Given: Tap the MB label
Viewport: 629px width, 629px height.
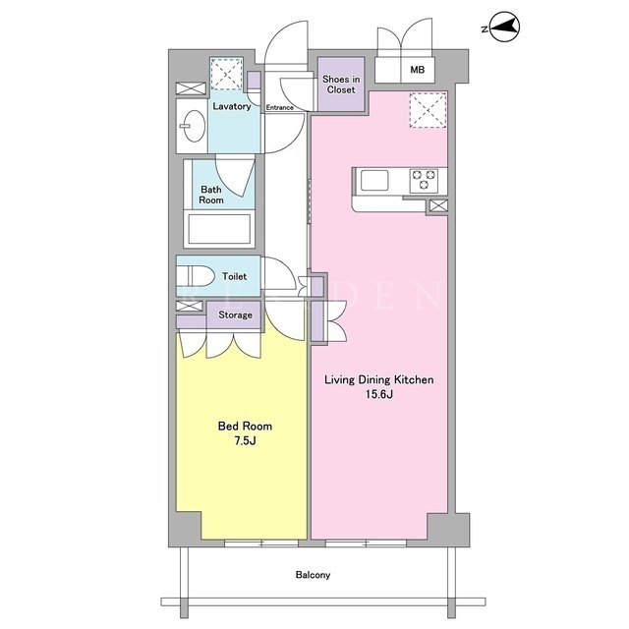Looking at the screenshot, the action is click(417, 70).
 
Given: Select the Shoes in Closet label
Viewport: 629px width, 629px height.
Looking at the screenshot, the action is click(341, 85).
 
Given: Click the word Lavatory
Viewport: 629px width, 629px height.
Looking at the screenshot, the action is click(232, 106).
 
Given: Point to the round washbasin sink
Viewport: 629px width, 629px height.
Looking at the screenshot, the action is click(193, 126).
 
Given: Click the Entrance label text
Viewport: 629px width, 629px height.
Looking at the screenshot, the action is click(279, 107).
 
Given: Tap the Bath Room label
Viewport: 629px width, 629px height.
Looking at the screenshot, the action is click(211, 195).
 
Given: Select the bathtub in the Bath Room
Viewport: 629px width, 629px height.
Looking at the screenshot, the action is click(219, 229).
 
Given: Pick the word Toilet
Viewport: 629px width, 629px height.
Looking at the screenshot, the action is click(235, 276).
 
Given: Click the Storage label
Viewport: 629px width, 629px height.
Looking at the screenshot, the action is click(236, 315).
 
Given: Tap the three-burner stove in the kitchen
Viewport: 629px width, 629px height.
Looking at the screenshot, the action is click(424, 179).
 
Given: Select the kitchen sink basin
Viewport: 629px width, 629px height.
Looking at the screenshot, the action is click(374, 180).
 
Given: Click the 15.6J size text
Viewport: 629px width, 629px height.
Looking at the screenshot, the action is click(379, 394).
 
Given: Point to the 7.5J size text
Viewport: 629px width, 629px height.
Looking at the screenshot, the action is click(245, 441).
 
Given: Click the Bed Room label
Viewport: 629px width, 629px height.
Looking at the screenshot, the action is click(245, 426).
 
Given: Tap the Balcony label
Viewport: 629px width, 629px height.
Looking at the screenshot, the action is click(313, 575).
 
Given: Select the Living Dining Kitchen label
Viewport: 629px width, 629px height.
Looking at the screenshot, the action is click(379, 379).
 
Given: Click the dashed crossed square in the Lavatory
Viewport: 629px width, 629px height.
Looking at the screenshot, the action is click(227, 74).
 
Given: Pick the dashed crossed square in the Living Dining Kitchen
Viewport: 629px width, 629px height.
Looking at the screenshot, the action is click(429, 110).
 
